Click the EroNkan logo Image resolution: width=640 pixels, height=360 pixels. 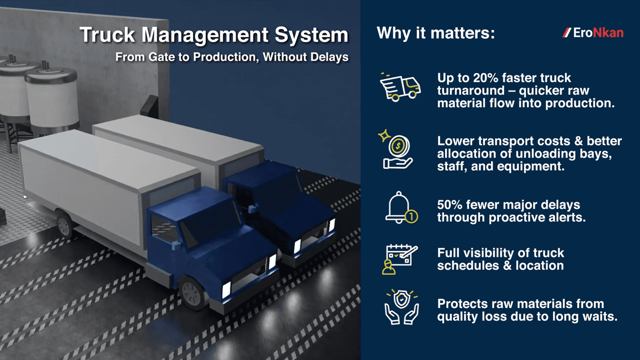[593, 33]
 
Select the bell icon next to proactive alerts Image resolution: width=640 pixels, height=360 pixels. [400, 208]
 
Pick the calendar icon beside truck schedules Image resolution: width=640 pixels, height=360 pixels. [399, 259]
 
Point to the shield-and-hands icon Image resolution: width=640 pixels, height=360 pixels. [401, 307]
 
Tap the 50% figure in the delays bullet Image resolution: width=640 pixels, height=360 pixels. [449, 204]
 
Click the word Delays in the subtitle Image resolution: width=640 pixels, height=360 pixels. [329, 57]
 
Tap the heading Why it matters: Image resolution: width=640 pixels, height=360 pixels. [436, 33]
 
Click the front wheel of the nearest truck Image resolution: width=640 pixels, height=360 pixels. [192, 293]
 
